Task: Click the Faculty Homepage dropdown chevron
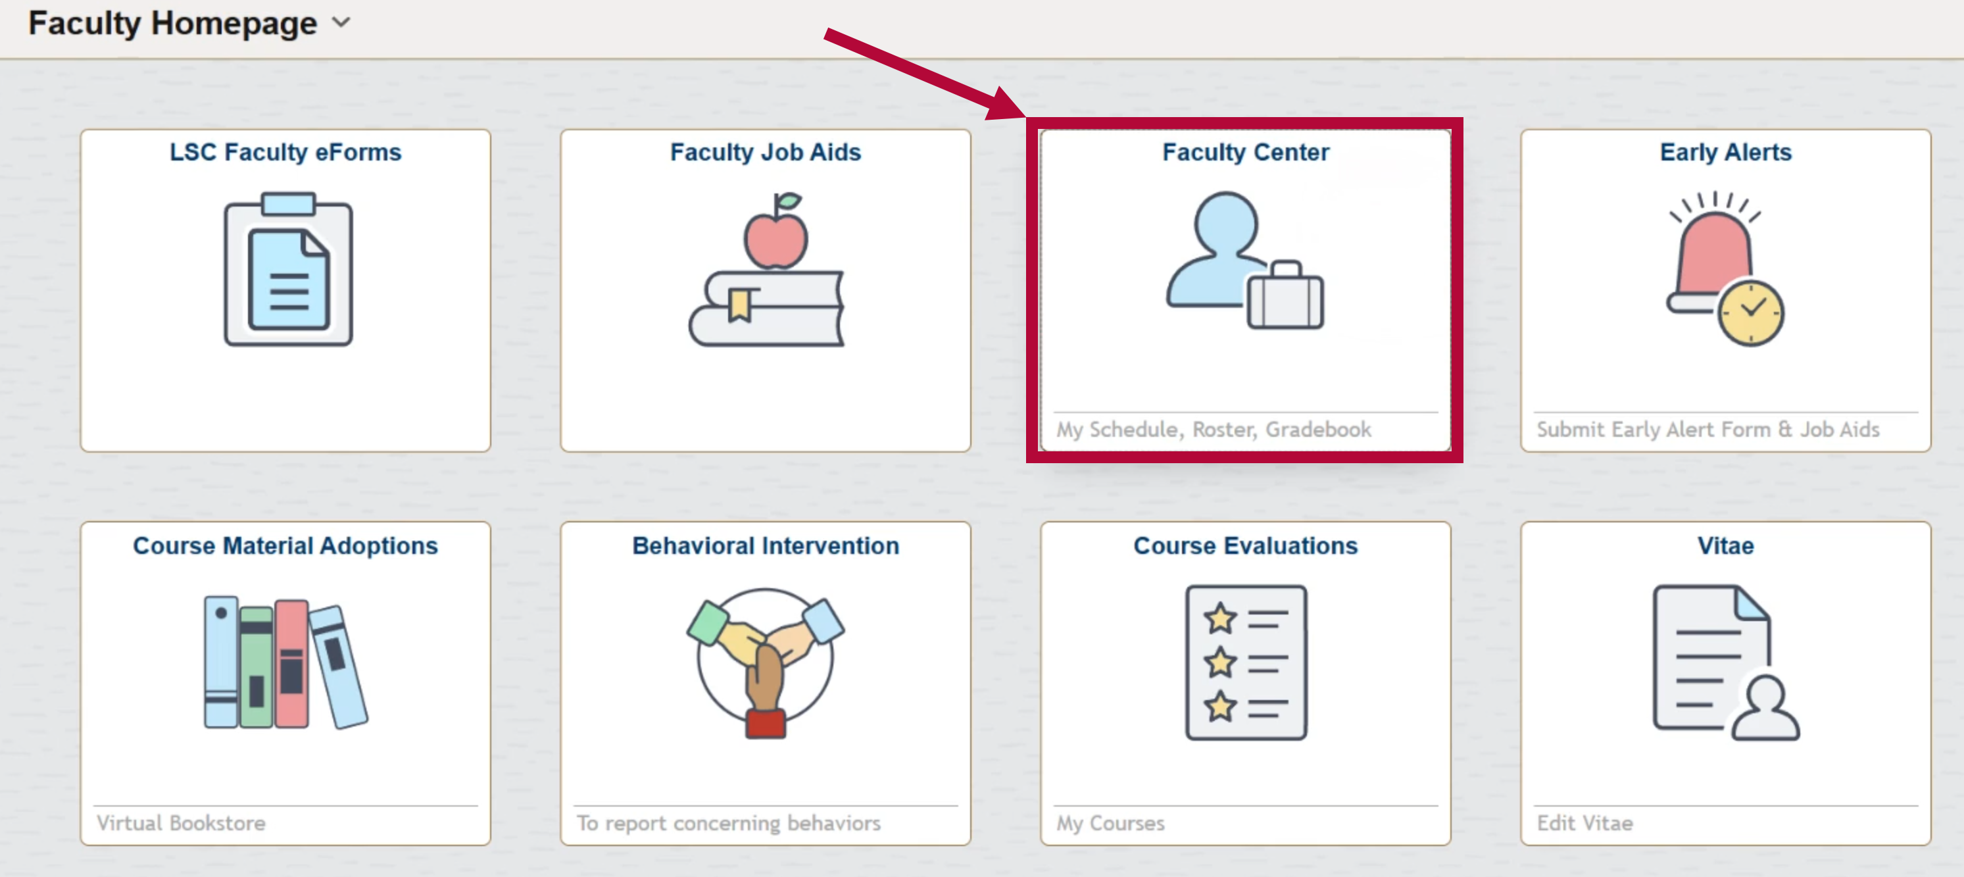(341, 23)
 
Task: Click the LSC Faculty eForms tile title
(285, 153)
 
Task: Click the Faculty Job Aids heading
(766, 153)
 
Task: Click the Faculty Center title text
(1245, 153)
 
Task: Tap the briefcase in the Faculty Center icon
(1285, 299)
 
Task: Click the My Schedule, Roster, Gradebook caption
(1213, 430)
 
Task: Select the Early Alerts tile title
(1725, 153)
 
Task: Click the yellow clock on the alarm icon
(1750, 313)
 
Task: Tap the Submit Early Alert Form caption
(1708, 430)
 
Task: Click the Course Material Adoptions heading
(285, 546)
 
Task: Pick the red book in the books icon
(291, 663)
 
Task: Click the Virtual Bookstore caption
(181, 823)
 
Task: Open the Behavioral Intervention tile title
(766, 546)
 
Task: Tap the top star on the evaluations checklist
(1220, 618)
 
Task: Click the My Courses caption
(1110, 823)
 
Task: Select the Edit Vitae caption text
(1584, 823)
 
